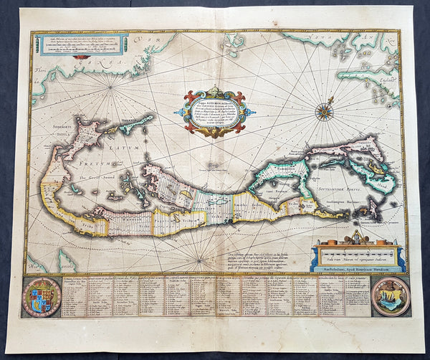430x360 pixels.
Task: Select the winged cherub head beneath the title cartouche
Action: pos(216,132)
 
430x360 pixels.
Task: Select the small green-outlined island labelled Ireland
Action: pos(138,120)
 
